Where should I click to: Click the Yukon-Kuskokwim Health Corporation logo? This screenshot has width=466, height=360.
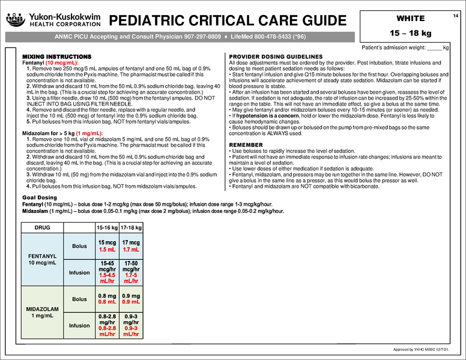point(53,20)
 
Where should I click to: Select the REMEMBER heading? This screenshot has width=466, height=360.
point(246,145)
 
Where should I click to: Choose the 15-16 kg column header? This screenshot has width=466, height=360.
point(107,228)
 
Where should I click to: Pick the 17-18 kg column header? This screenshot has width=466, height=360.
point(130,228)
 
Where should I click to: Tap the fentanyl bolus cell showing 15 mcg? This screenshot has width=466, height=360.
point(107,245)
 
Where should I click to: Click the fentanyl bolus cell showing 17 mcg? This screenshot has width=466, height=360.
point(130,245)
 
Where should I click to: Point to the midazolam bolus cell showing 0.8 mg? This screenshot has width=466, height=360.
point(107,298)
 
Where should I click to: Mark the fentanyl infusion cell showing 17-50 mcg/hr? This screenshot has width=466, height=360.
point(130,273)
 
